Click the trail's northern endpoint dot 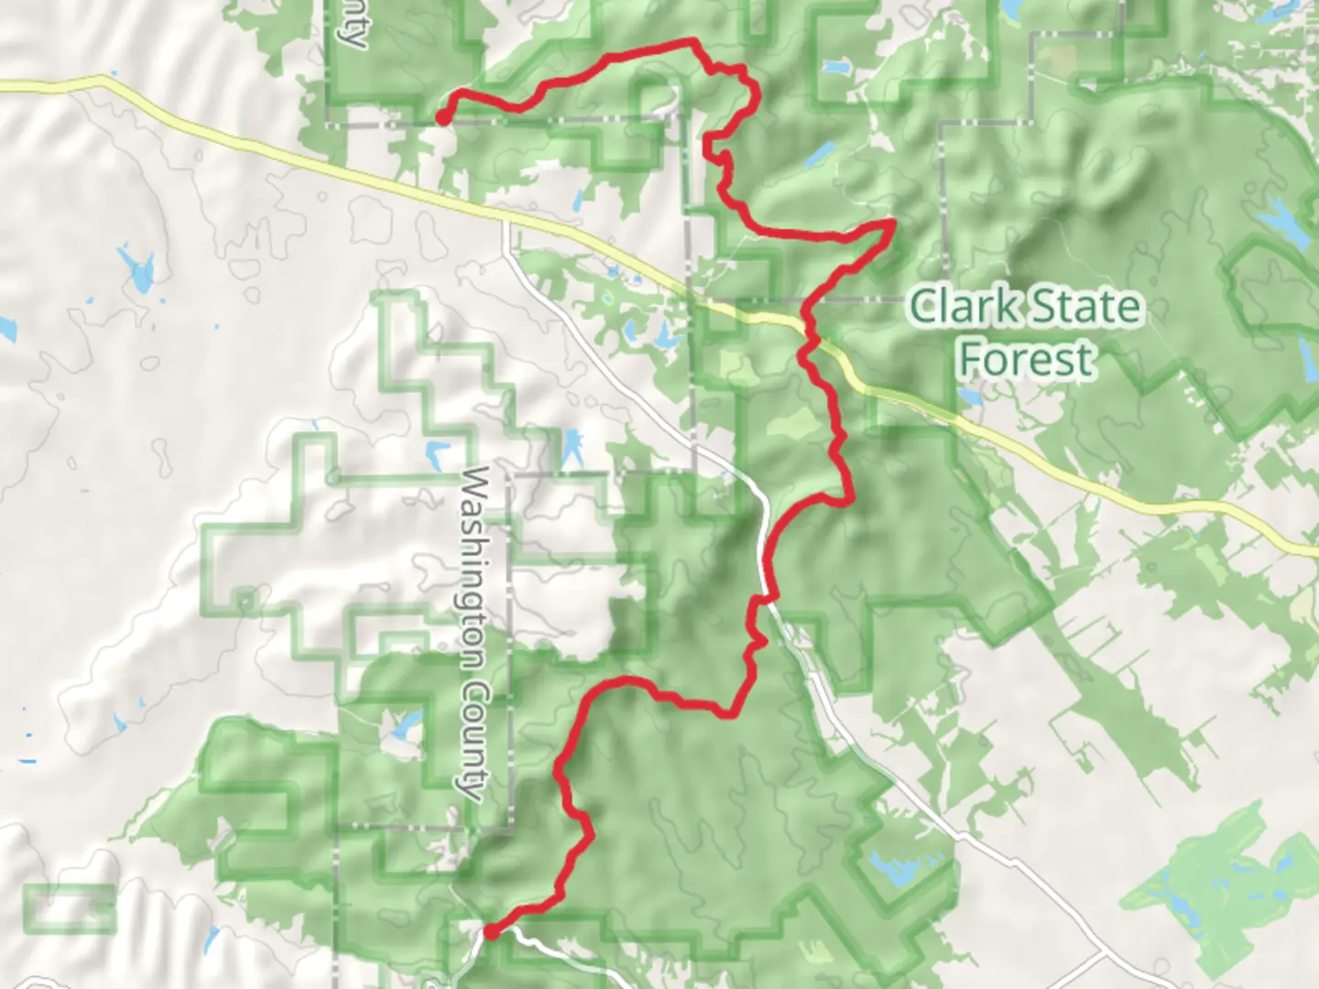442,117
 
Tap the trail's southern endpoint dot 491,932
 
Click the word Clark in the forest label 962,306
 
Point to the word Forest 1026,359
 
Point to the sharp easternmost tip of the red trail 893,222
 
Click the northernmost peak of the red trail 693,41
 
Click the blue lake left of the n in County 403,727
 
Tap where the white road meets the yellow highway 506,220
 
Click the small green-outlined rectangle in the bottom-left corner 70,907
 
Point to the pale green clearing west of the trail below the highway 793,423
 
